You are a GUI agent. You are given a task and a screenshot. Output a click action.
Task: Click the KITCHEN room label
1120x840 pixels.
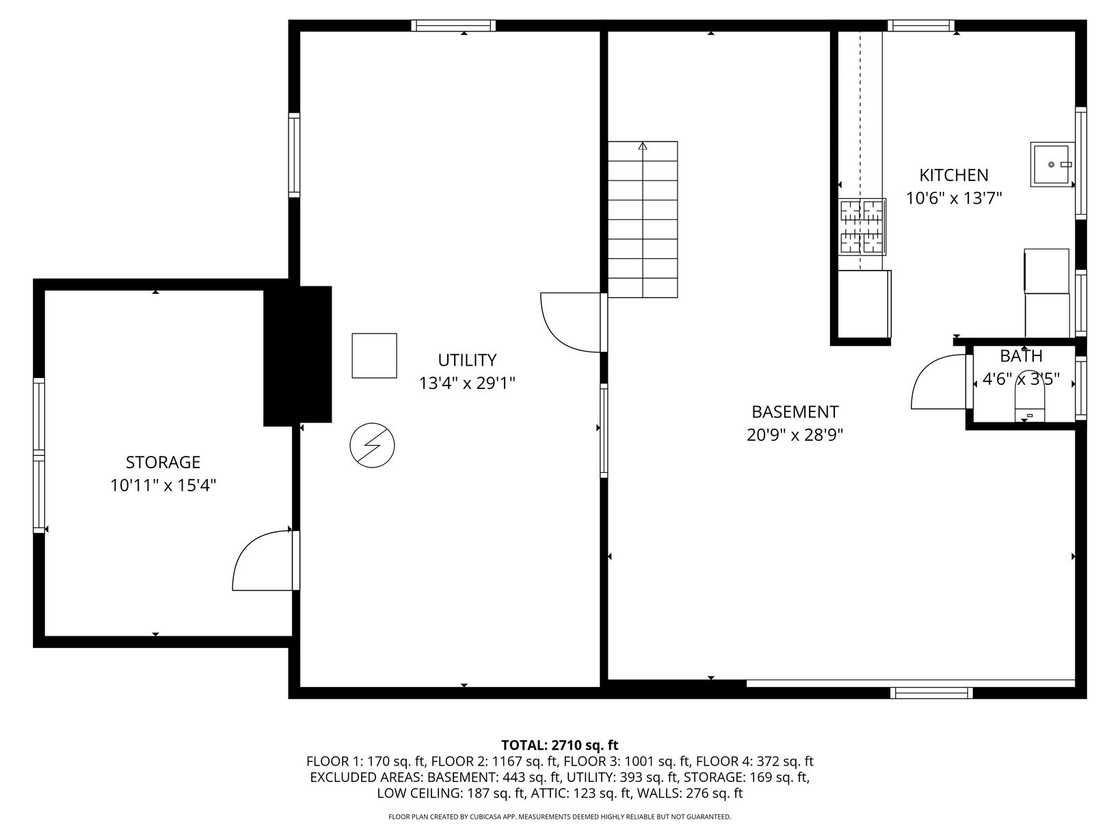(953, 175)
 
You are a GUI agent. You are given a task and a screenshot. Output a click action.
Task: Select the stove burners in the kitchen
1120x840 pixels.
(862, 226)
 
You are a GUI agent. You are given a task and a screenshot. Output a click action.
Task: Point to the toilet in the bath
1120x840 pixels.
(1030, 403)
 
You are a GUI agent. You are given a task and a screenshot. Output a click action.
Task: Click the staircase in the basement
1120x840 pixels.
(643, 219)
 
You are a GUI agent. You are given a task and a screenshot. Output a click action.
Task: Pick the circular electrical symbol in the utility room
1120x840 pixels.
(372, 445)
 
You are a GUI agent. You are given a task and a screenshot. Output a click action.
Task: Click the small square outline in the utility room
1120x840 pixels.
(374, 355)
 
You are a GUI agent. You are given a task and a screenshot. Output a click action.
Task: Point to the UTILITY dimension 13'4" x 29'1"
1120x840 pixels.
(467, 383)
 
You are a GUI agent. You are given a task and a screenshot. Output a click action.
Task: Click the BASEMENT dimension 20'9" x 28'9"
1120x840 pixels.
(795, 435)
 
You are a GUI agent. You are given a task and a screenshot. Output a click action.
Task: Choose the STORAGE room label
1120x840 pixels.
(163, 462)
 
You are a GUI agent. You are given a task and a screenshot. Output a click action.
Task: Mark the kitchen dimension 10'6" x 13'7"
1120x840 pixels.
(954, 198)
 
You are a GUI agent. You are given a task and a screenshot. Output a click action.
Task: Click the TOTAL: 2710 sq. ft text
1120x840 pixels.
(560, 745)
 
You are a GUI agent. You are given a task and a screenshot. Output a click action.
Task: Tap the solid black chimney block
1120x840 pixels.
(297, 355)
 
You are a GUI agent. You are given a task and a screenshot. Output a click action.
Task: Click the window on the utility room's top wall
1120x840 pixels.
(453, 25)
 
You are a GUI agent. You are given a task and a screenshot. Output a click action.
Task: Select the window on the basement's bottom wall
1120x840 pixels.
(931, 692)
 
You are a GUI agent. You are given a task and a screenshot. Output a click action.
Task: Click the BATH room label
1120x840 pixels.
(1020, 355)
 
